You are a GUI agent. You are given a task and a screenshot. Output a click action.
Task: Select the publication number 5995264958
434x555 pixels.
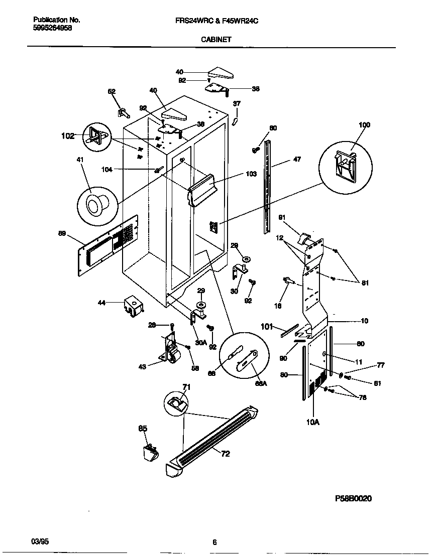point(52,29)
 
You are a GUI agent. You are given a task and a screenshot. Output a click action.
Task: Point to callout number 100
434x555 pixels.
point(364,125)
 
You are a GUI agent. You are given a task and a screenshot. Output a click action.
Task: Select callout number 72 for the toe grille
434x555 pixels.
point(226,454)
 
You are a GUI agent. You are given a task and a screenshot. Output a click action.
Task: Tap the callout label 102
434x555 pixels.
point(67,135)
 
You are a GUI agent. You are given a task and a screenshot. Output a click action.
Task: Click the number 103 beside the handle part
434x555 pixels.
point(251,174)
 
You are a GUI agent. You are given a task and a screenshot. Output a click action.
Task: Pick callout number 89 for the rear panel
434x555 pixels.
point(62,233)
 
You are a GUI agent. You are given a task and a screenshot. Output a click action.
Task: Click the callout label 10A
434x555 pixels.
point(312,423)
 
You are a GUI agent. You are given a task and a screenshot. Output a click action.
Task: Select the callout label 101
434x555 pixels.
point(267,327)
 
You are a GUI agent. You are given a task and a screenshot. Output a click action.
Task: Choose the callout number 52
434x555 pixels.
point(112,91)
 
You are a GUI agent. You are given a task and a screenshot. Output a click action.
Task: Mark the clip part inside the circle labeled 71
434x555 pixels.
point(176,402)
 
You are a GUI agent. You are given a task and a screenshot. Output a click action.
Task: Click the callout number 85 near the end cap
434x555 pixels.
point(143,429)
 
